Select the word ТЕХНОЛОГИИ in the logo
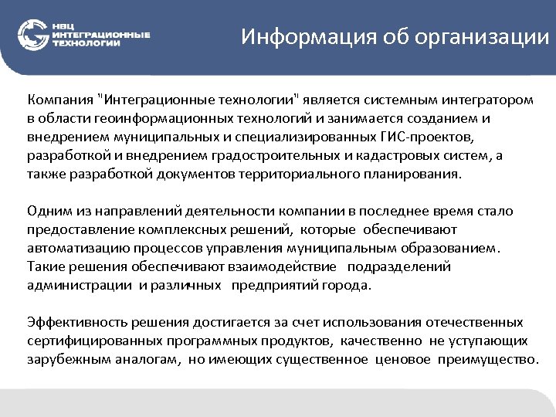click(x=86, y=44)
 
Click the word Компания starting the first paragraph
click(x=60, y=100)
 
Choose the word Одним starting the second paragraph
click(x=46, y=211)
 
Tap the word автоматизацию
click(x=69, y=248)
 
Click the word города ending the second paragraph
click(x=351, y=285)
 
